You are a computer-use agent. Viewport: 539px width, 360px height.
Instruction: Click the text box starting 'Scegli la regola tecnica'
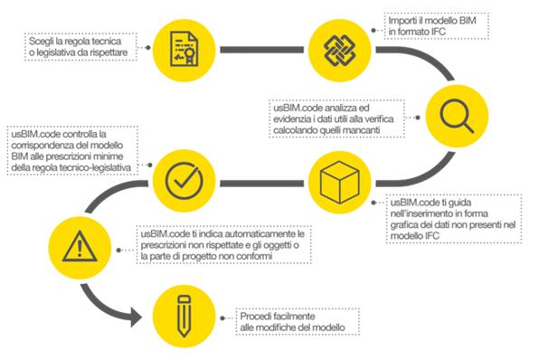pyautogui.click(x=80, y=48)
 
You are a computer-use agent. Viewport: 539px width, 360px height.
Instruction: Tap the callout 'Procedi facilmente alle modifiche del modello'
pyautogui.click(x=297, y=320)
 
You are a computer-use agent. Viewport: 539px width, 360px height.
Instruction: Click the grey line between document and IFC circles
pyautogui.click(x=262, y=45)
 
